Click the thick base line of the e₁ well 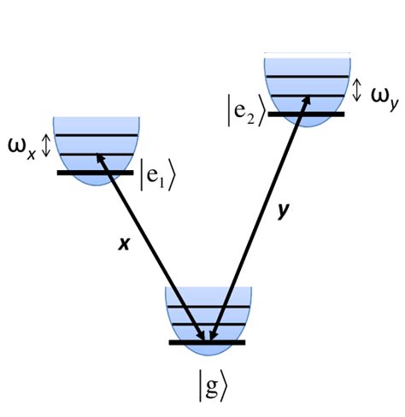click(96, 173)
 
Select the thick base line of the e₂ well click(305, 113)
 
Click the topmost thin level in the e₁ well click(96, 136)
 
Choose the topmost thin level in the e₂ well click(305, 78)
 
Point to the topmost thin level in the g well click(208, 307)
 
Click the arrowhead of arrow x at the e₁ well click(99, 156)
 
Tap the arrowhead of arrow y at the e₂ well click(302, 99)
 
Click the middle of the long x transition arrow click(151, 248)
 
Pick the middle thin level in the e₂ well click(305, 96)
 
